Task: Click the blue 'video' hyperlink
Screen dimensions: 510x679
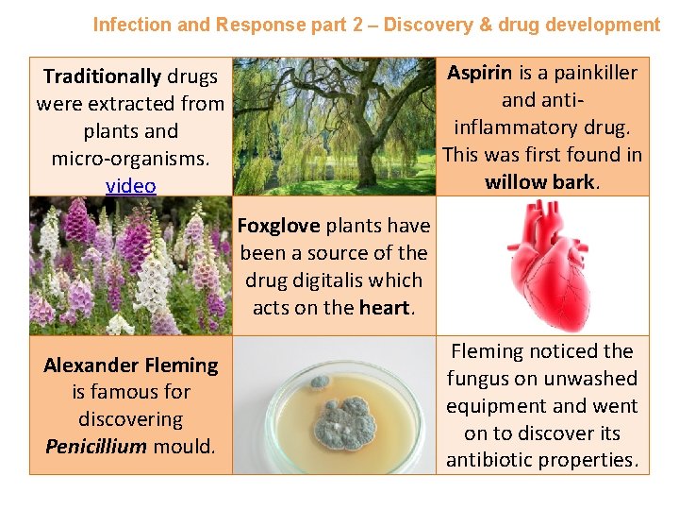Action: (131, 186)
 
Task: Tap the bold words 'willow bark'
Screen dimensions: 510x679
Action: (539, 182)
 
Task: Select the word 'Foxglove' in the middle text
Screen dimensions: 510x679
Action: (278, 226)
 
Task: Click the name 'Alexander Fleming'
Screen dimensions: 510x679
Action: (131, 365)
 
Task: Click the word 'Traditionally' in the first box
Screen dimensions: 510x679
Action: (103, 76)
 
